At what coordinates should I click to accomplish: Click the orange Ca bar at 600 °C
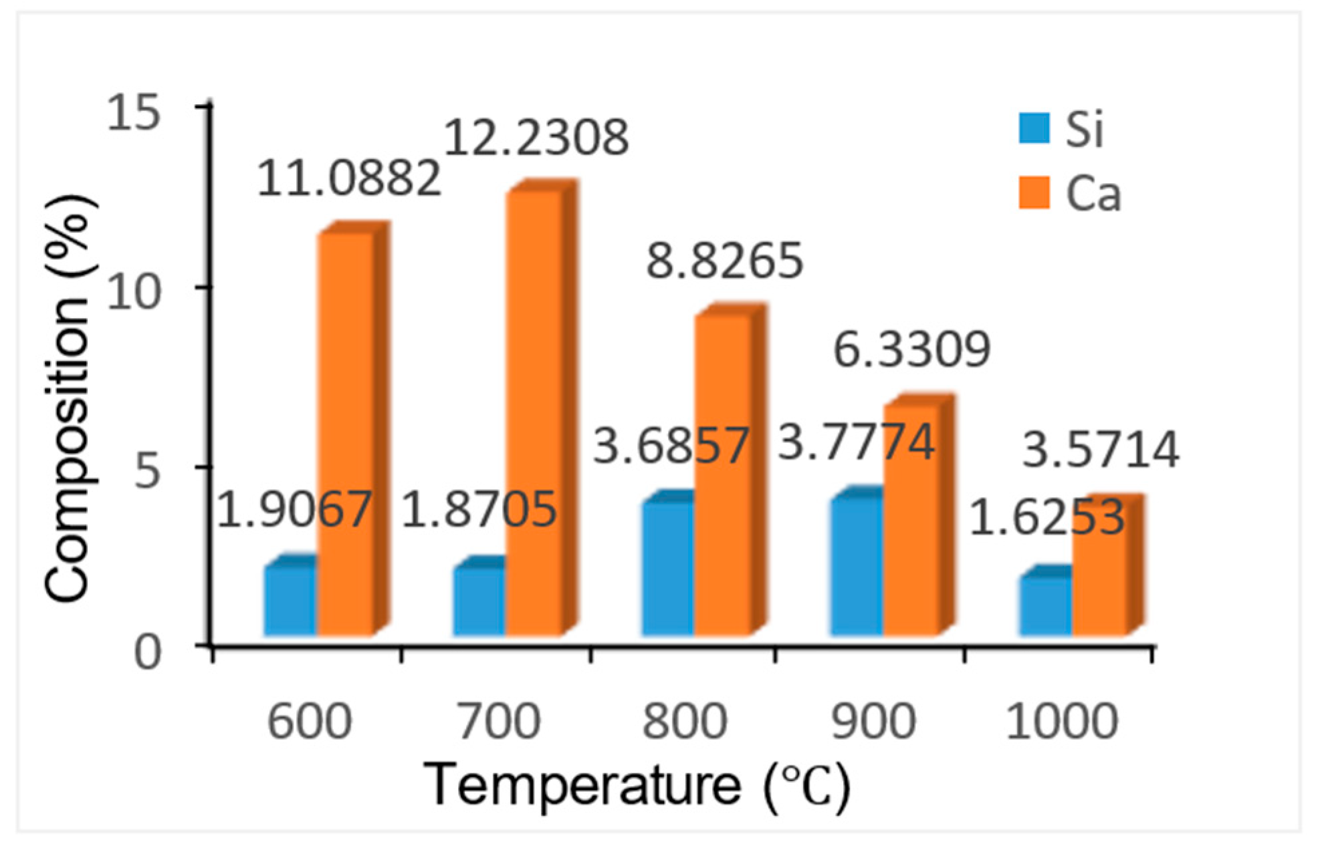click(x=346, y=434)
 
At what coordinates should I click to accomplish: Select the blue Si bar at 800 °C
click(x=667, y=568)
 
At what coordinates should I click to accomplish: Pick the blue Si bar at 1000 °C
click(x=1045, y=605)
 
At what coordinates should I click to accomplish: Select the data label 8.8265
click(x=724, y=261)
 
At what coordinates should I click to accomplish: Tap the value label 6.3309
click(x=911, y=349)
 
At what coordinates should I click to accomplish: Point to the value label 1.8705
click(x=479, y=510)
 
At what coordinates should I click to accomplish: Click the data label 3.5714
click(x=1101, y=450)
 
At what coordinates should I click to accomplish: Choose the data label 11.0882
click(x=348, y=178)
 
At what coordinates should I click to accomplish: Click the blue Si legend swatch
click(x=1034, y=128)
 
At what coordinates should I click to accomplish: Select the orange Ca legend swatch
click(x=1034, y=193)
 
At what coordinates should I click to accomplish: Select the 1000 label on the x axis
click(x=1062, y=722)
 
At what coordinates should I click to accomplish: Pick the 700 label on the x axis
click(x=498, y=722)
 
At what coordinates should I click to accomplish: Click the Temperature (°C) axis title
click(x=637, y=787)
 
